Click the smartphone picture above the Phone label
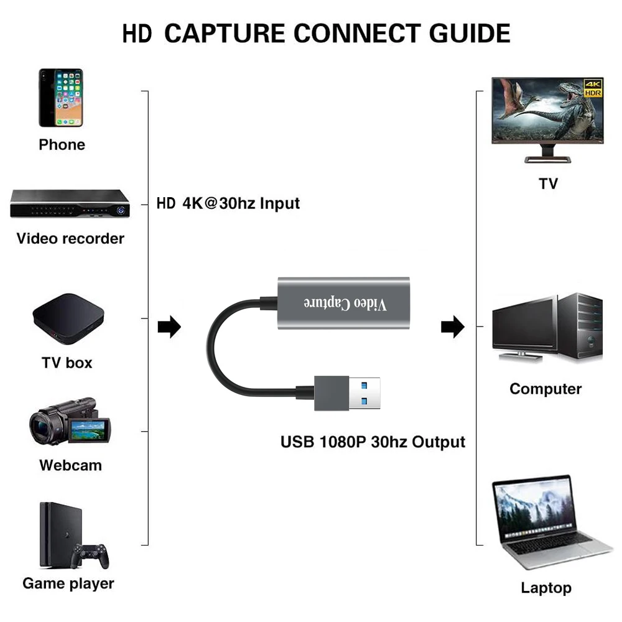(x=60, y=98)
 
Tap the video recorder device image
(x=70, y=203)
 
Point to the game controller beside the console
(x=91, y=555)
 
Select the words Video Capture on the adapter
(x=344, y=303)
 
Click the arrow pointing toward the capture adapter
(x=169, y=326)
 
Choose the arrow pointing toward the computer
(x=452, y=326)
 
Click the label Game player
(x=68, y=583)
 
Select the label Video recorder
(x=70, y=238)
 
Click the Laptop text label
(x=546, y=588)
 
